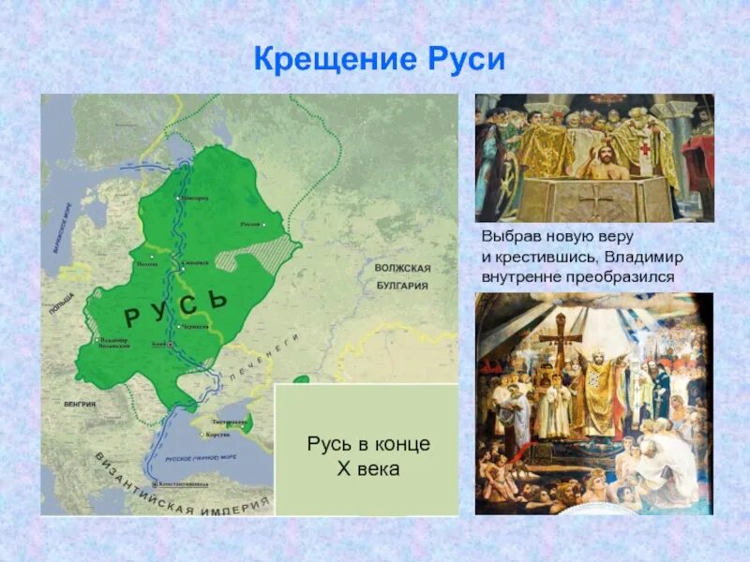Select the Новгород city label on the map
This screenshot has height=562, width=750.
click(x=194, y=199)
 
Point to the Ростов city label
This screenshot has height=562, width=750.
click(x=251, y=224)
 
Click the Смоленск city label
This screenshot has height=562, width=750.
click(x=195, y=263)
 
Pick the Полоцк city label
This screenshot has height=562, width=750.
click(x=148, y=265)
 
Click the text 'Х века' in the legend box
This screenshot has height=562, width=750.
click(x=368, y=468)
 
